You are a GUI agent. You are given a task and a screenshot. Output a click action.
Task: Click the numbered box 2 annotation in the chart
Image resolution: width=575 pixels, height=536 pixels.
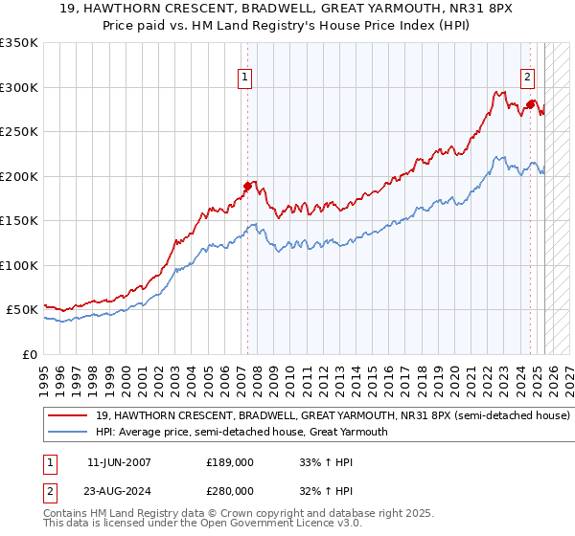[x=527, y=78]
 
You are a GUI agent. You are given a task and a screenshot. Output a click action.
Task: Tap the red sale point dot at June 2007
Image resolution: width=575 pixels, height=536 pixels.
[x=247, y=186]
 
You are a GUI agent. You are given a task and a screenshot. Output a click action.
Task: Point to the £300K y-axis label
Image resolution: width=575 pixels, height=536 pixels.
[x=19, y=87]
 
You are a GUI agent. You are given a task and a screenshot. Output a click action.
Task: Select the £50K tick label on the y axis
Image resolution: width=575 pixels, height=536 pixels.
[x=22, y=310]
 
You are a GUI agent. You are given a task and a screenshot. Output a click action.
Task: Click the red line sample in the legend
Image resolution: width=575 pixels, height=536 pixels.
[x=68, y=416]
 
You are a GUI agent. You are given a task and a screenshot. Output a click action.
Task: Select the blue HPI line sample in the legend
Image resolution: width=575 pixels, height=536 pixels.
[x=68, y=432]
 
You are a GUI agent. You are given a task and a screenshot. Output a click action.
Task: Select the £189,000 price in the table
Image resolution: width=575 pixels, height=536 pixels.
[x=229, y=461]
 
